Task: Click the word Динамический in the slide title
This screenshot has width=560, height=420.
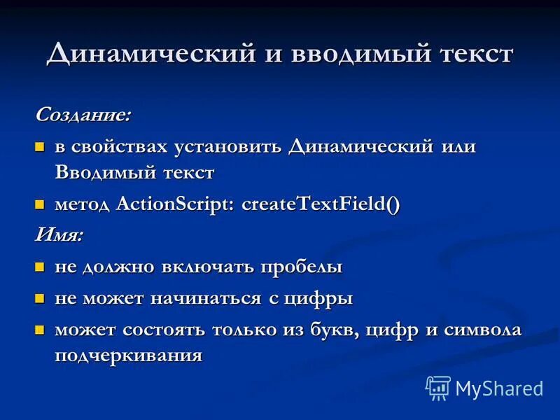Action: (142, 54)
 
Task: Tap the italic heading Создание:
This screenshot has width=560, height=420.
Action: (83, 114)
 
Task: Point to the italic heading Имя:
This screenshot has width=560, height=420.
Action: (59, 235)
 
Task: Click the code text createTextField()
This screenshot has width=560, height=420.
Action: (321, 204)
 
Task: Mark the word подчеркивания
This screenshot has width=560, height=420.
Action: (129, 355)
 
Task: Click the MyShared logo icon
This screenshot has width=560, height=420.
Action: (438, 387)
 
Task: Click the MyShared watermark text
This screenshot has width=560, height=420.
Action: (499, 388)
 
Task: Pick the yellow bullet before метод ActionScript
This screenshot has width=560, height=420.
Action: (40, 204)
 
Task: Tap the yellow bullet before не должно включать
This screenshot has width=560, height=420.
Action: (40, 267)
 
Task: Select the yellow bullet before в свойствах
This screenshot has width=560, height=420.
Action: (40, 148)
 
